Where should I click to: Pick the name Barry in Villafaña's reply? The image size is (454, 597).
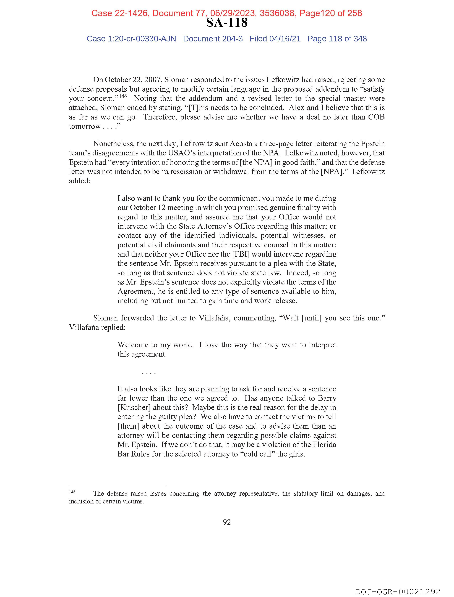(327, 398)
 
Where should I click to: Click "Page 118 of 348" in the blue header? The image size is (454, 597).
(337, 39)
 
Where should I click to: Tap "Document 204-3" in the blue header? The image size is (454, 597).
(213, 39)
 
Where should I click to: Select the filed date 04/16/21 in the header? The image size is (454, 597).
(285, 39)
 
